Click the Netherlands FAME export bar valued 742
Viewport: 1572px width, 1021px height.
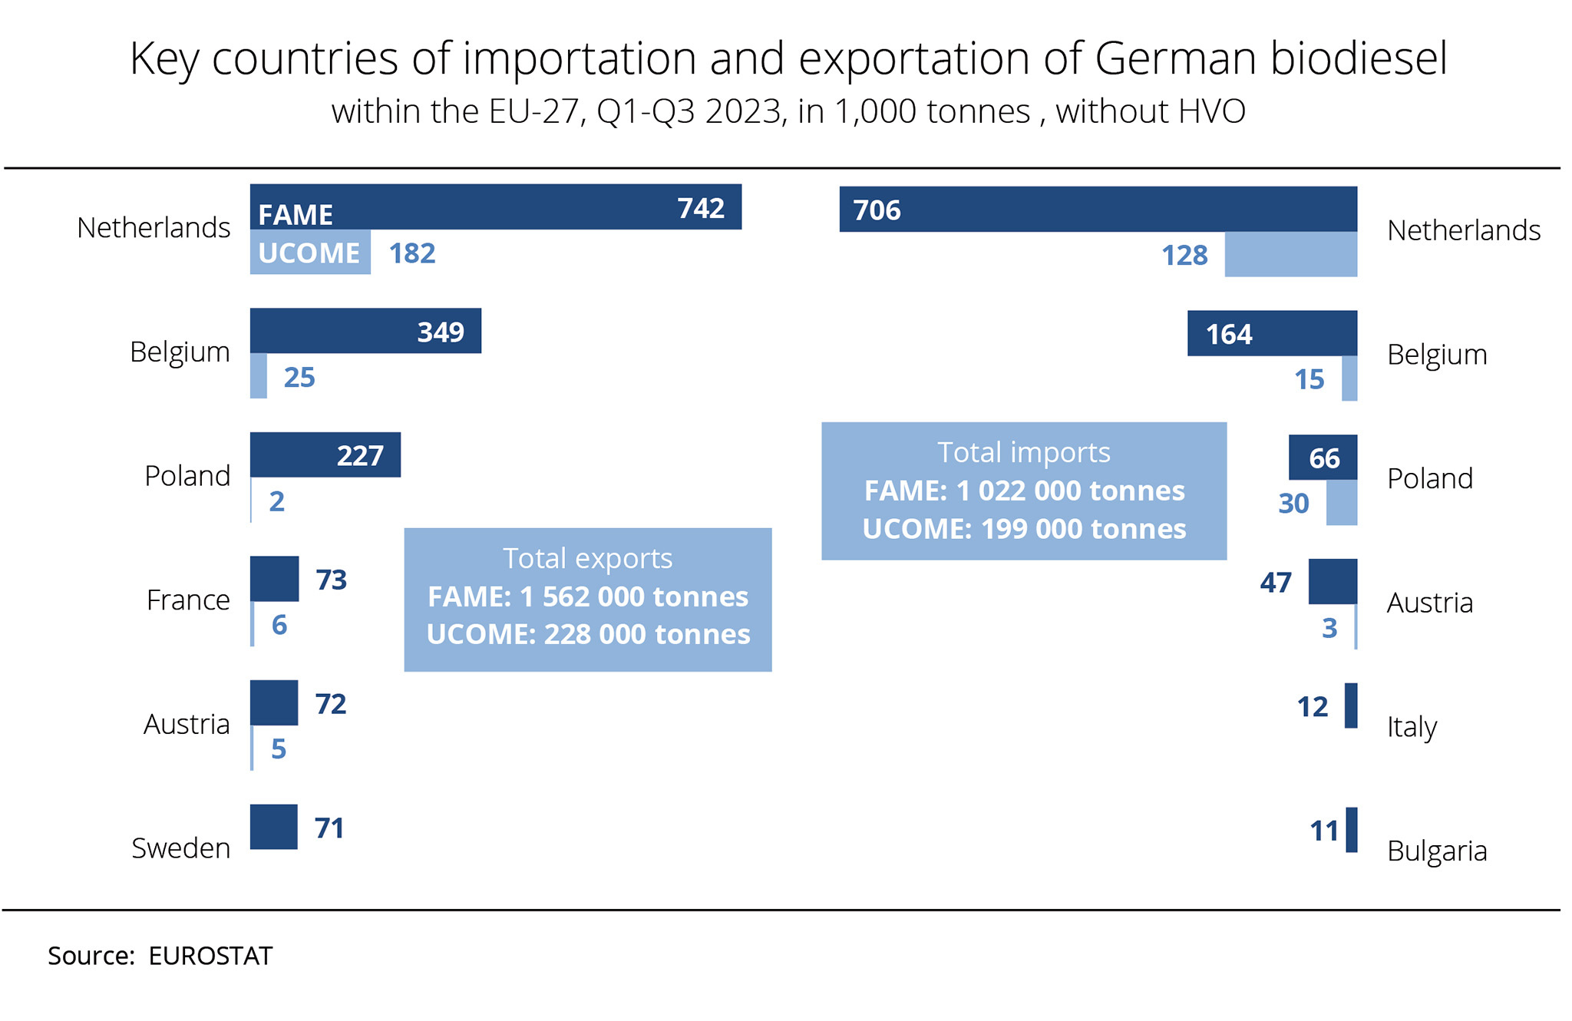(x=496, y=207)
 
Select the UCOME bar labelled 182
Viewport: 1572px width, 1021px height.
(x=310, y=252)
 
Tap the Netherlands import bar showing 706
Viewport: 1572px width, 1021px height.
(x=1098, y=209)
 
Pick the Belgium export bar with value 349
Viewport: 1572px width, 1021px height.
(x=365, y=331)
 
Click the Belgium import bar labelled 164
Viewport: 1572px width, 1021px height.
(x=1272, y=333)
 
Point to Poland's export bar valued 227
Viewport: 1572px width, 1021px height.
(x=325, y=454)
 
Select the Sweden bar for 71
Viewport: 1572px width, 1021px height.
(x=274, y=827)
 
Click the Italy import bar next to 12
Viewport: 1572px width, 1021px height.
(x=1351, y=705)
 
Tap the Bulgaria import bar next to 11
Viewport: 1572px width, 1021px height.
(x=1352, y=830)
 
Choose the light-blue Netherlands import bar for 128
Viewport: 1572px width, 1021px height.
(x=1290, y=254)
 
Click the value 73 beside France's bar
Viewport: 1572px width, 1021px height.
(x=332, y=580)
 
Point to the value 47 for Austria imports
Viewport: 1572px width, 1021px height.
(x=1276, y=583)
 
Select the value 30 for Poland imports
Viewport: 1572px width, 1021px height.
(x=1293, y=504)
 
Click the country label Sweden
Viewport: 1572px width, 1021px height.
(x=181, y=848)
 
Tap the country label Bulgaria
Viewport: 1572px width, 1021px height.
(x=1437, y=851)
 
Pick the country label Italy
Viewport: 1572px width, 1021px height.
(x=1412, y=726)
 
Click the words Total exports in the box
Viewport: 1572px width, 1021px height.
(x=587, y=558)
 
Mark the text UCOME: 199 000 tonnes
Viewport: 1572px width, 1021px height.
(x=1024, y=529)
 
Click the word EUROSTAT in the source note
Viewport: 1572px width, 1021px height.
(x=210, y=956)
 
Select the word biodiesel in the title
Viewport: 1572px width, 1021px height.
(x=1359, y=58)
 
